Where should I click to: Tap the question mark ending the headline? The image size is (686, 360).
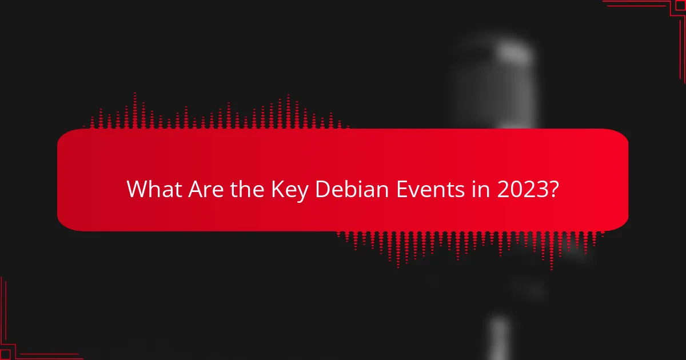[x=553, y=189]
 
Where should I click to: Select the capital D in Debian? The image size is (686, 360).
[x=322, y=189]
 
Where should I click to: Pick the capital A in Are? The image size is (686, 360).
[x=194, y=189]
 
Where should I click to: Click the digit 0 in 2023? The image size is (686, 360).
[x=514, y=189]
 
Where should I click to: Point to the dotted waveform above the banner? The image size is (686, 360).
[x=217, y=114]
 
